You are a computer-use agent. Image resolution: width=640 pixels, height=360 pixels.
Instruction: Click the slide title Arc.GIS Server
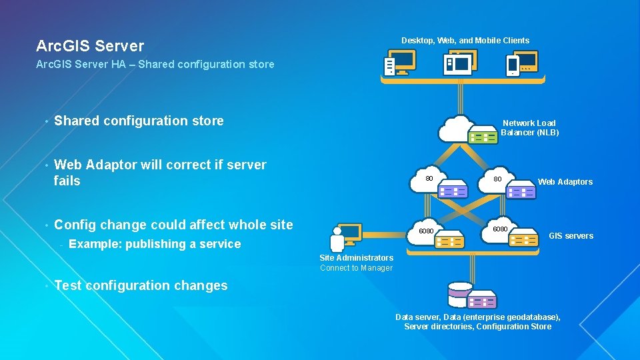(90, 46)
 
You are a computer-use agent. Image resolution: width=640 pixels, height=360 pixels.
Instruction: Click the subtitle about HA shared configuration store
(155, 65)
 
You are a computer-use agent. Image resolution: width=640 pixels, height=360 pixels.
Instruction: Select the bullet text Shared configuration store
(139, 121)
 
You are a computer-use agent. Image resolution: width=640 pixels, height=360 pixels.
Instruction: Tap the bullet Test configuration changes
(141, 285)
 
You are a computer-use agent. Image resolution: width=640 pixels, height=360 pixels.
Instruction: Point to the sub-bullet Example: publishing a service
(154, 244)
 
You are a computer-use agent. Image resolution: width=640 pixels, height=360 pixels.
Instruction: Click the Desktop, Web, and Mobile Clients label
(465, 41)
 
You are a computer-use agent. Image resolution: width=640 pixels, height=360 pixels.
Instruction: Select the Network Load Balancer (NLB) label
(529, 127)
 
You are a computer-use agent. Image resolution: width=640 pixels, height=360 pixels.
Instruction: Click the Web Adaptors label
(565, 182)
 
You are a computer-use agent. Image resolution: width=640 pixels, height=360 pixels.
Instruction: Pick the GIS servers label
(571, 236)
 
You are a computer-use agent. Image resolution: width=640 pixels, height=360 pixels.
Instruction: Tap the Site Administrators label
(356, 258)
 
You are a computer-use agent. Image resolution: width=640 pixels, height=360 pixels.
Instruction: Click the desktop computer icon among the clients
(399, 64)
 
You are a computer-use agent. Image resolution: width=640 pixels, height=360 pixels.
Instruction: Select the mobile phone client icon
(513, 65)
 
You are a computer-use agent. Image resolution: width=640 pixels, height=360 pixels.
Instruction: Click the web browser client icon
(459, 63)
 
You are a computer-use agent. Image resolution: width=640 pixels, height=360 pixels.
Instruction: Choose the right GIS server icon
(523, 238)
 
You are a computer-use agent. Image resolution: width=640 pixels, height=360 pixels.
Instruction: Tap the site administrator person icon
(338, 239)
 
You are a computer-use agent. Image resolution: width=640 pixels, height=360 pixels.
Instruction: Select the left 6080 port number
(425, 231)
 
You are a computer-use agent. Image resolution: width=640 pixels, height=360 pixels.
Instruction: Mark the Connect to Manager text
(356, 268)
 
